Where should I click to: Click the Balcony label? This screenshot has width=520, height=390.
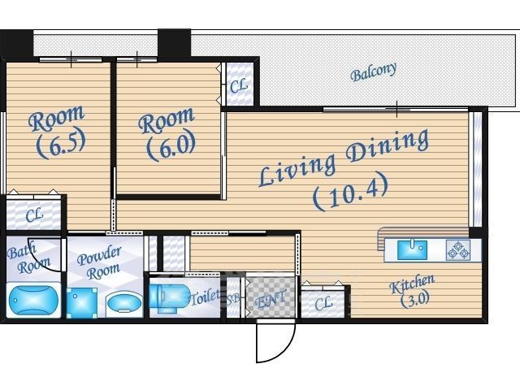[374, 71]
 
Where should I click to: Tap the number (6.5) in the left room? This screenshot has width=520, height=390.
[61, 143]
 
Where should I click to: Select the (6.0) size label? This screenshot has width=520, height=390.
[171, 146]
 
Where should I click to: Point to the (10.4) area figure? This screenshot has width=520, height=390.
[350, 192]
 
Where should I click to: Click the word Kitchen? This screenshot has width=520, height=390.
[412, 284]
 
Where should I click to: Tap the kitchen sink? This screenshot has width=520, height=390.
[412, 250]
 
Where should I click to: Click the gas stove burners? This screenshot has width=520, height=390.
[458, 250]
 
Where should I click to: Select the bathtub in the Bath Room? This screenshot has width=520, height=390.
[33, 300]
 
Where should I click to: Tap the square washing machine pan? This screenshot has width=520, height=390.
[82, 303]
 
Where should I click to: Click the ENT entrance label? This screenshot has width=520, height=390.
[271, 299]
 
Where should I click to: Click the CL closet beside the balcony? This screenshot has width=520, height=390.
[239, 86]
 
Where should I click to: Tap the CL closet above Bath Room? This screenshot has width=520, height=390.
[34, 214]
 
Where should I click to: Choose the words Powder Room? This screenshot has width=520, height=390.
[99, 263]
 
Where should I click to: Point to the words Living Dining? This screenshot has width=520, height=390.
[344, 157]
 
